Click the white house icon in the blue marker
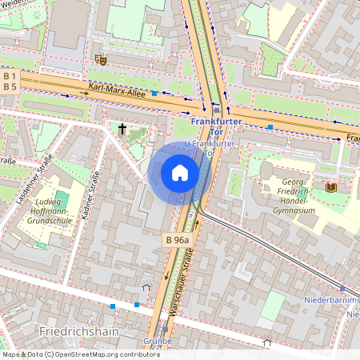point(180,173)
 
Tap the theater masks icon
point(100,58)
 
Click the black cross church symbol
point(123,128)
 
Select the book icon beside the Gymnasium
point(331,187)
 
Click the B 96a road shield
point(178,240)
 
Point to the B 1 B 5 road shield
point(10,81)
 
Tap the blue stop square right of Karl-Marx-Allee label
point(154,94)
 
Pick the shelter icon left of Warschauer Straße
point(146,286)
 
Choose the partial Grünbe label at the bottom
point(157,340)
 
